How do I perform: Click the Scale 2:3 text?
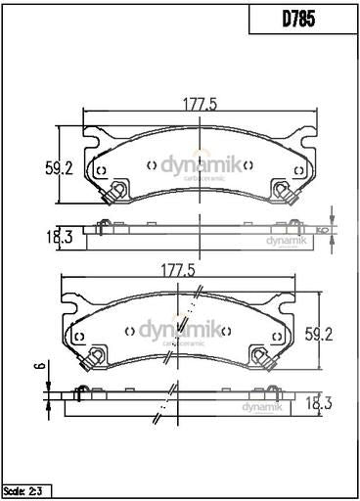(x=26, y=488)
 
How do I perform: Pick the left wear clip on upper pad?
(x=113, y=193)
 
